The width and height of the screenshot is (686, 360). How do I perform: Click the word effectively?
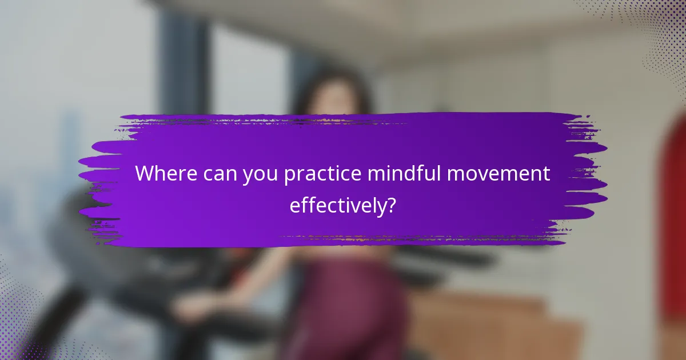pos(337,205)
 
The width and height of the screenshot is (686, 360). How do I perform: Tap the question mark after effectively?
pos(391,205)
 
